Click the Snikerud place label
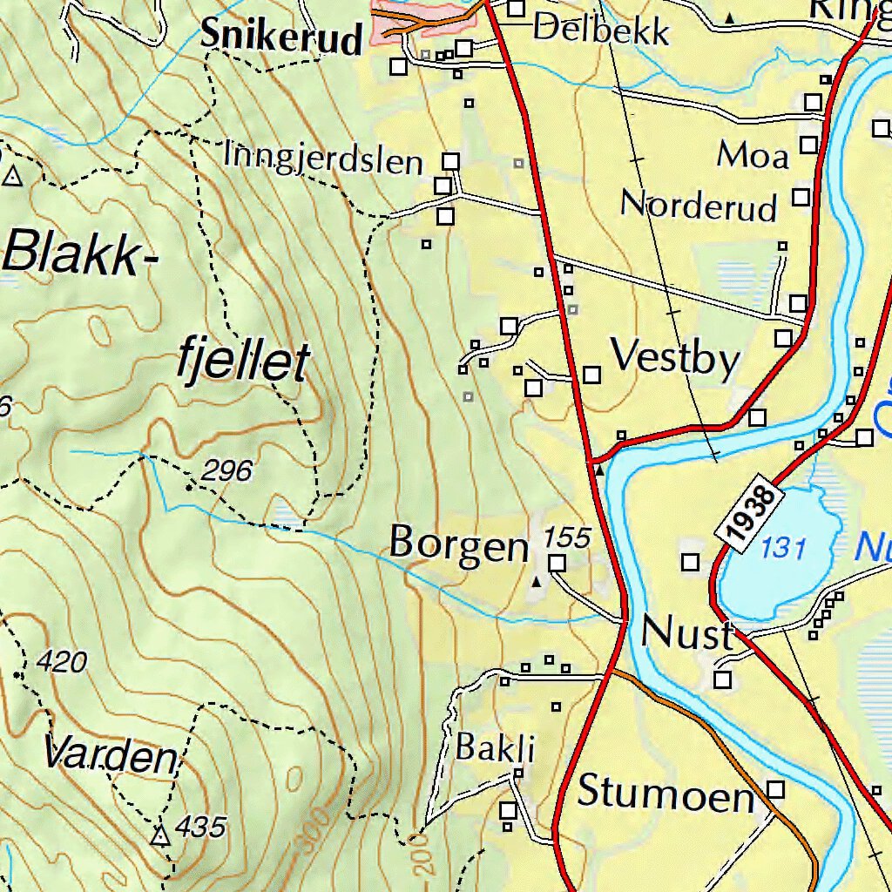pyautogui.click(x=280, y=37)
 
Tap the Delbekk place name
pyautogui.click(x=601, y=30)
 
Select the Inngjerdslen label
pyautogui.click(x=323, y=159)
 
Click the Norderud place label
pyautogui.click(x=699, y=206)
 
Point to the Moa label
pyautogui.click(x=753, y=156)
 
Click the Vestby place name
pyautogui.click(x=675, y=358)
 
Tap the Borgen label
pyautogui.click(x=459, y=544)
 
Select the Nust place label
pyautogui.click(x=687, y=633)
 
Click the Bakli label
pyautogui.click(x=495, y=747)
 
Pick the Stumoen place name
pyautogui.click(x=666, y=794)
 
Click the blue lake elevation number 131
pyautogui.click(x=782, y=549)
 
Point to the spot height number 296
pyautogui.click(x=226, y=471)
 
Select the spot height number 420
pyautogui.click(x=64, y=663)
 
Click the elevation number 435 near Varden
pyautogui.click(x=201, y=826)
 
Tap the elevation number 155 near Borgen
pyautogui.click(x=567, y=537)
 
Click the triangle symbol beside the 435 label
pyautogui.click(x=159, y=836)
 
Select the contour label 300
pyautogui.click(x=318, y=828)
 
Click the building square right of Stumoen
pyautogui.click(x=775, y=789)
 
